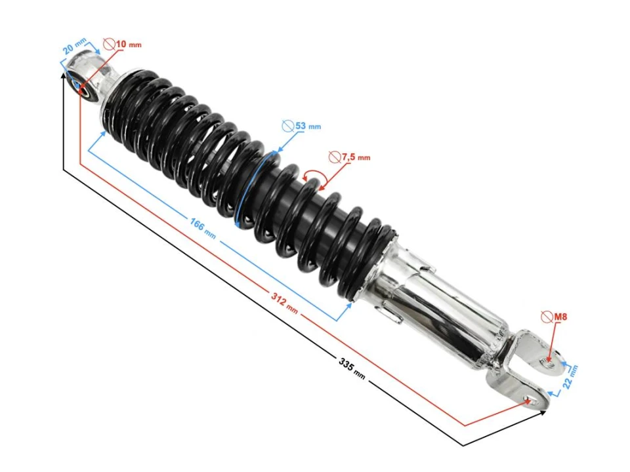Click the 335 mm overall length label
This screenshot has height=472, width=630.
352,369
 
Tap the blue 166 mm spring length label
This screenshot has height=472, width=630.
203,227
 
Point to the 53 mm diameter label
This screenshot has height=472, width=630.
308,126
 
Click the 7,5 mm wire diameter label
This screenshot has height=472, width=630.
356,157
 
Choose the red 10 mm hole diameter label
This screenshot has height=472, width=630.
129,44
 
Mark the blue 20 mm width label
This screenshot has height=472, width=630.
74,46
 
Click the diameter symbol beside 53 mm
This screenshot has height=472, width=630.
287,126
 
